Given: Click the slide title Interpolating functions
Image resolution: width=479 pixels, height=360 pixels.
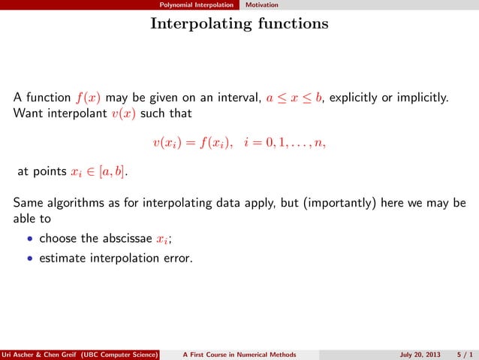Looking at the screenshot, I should tap(239, 24).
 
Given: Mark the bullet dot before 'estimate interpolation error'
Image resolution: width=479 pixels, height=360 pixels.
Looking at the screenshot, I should tap(29, 261).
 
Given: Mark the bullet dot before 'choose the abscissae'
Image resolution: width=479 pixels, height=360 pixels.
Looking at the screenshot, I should tap(29, 240).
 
